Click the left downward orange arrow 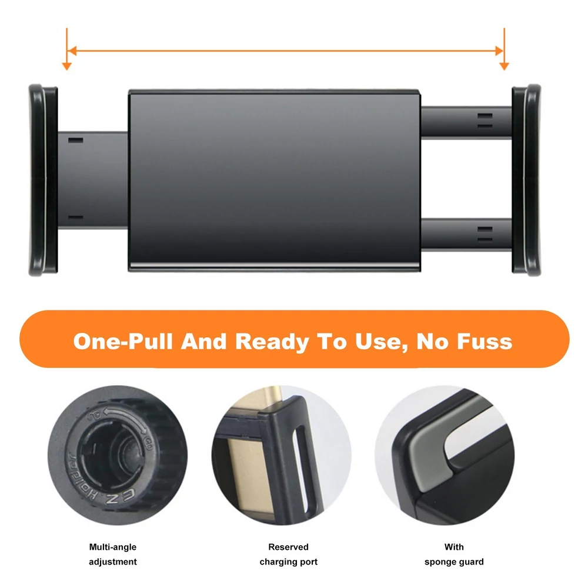point(67,49)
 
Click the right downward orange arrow point(505,49)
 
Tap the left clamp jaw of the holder point(43,180)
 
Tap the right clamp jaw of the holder point(526,180)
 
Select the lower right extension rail point(466,235)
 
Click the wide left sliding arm point(93,179)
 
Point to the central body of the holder point(274,181)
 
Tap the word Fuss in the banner point(484,342)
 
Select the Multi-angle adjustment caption point(113,554)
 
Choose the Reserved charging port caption point(288,554)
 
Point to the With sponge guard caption point(454,554)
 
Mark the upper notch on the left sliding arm point(75,141)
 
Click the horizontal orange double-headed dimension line point(286,51)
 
